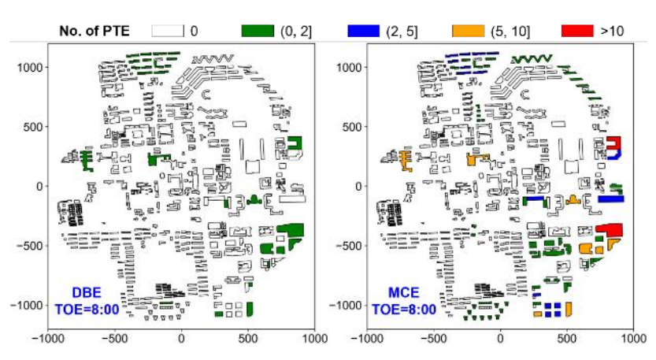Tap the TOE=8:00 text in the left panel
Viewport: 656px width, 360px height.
[x=87, y=309]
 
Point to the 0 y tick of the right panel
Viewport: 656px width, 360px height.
[x=356, y=187]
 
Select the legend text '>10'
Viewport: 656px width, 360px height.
[x=612, y=31]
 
